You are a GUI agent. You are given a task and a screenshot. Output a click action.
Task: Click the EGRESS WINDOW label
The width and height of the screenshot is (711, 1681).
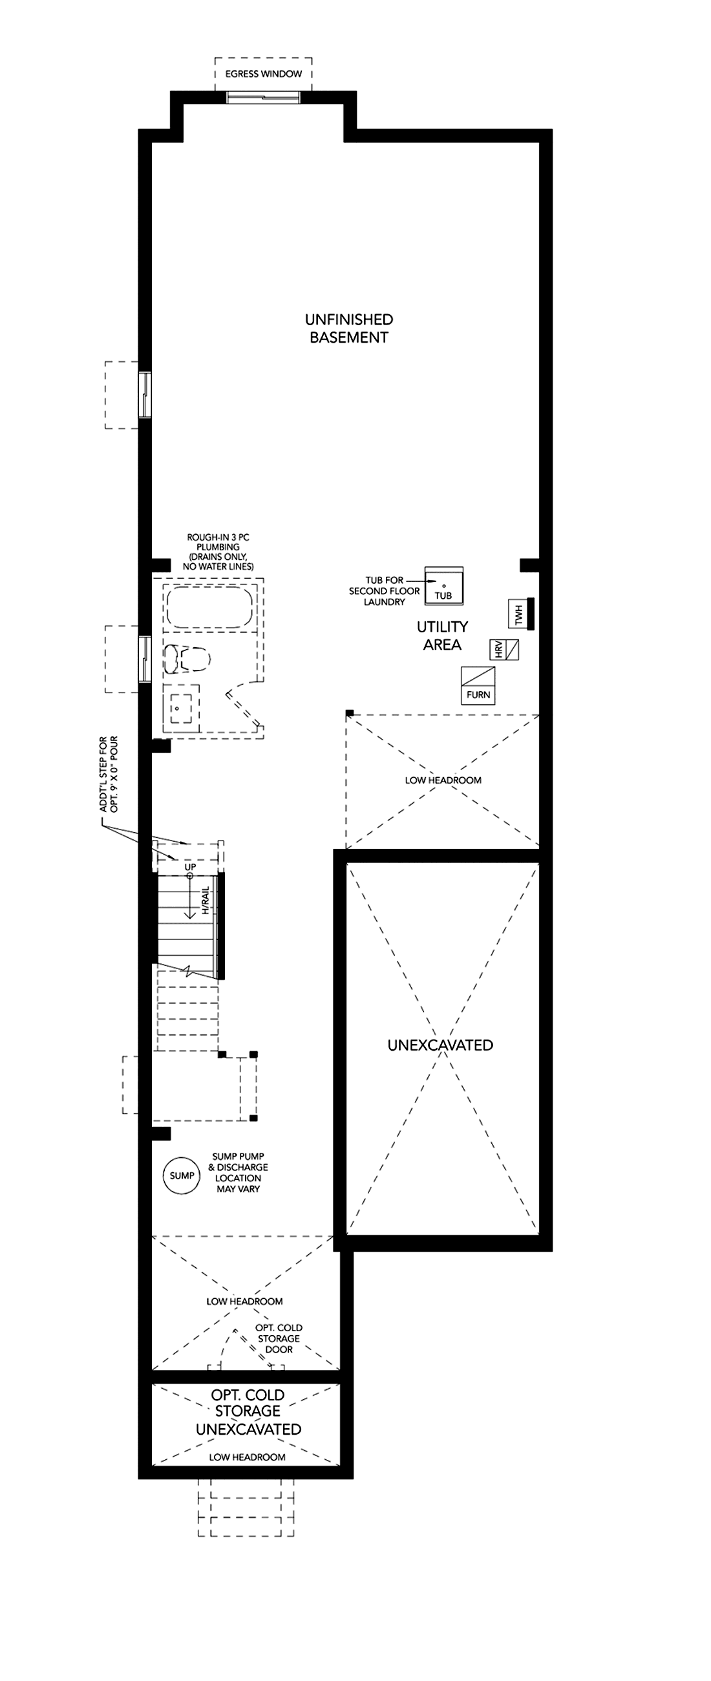(x=264, y=74)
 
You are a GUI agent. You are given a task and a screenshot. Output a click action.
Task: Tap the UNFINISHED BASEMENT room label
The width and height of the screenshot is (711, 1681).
(x=349, y=328)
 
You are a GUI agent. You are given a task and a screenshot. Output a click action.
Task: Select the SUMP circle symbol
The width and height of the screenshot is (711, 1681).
(x=182, y=1175)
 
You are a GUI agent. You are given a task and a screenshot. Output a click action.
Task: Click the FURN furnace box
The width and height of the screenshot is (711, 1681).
(x=478, y=686)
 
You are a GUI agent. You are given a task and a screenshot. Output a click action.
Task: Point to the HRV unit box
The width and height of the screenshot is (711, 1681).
(x=505, y=650)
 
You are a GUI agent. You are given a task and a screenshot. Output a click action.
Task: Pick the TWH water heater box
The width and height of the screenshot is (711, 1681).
(x=522, y=614)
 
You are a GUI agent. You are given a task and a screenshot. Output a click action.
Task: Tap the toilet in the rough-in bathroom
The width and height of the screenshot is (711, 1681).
(x=187, y=658)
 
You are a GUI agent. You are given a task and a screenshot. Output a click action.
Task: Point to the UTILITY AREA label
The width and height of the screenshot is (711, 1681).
(x=442, y=636)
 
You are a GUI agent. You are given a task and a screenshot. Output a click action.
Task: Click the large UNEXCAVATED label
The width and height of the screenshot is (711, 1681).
(x=440, y=1045)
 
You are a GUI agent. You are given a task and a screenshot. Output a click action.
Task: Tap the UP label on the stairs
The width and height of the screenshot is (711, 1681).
(x=190, y=866)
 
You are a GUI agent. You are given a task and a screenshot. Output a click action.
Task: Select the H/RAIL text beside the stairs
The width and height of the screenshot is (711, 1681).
(x=206, y=900)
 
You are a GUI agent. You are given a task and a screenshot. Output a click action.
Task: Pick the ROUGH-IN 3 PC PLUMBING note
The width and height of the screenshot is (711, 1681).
(x=218, y=552)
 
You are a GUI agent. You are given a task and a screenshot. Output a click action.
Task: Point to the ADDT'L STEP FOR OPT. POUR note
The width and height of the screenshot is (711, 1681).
(x=109, y=775)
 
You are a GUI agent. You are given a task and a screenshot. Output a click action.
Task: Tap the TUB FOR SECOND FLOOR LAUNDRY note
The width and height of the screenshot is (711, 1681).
(x=384, y=591)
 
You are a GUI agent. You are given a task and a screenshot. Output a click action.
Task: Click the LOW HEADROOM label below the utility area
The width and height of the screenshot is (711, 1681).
(x=443, y=780)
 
